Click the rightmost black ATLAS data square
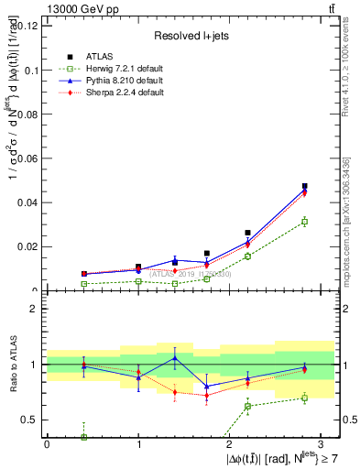coord(305,186)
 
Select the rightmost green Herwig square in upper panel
coord(305,222)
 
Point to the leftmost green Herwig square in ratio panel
coord(84,437)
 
